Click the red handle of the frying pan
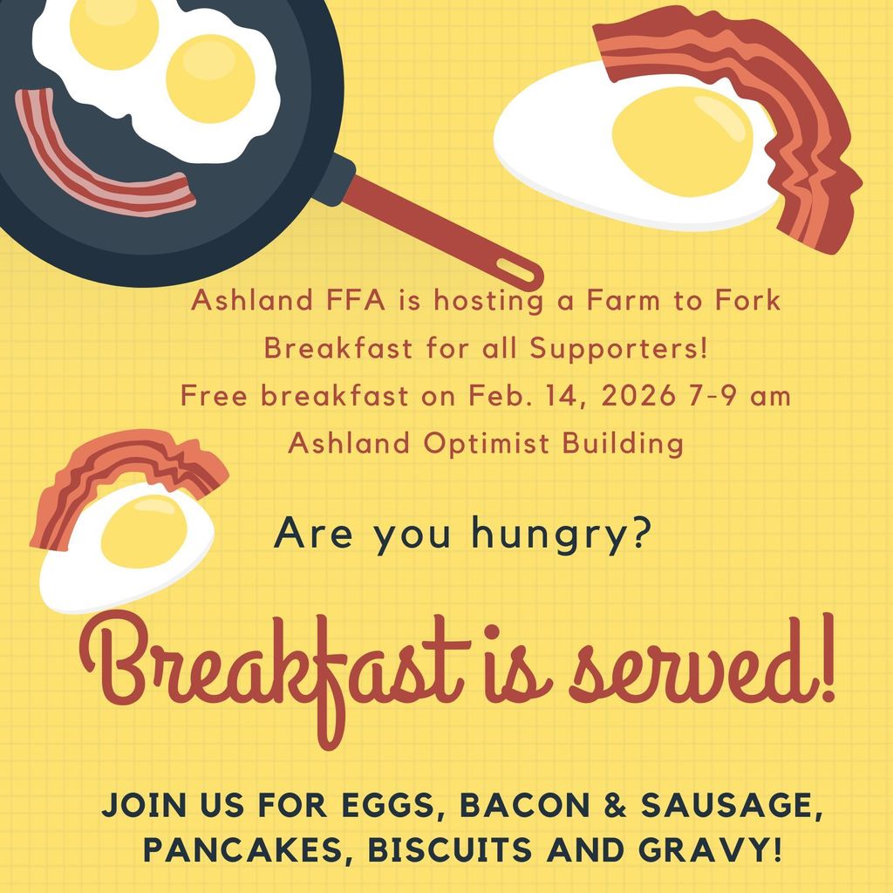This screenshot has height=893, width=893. (436, 231)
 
